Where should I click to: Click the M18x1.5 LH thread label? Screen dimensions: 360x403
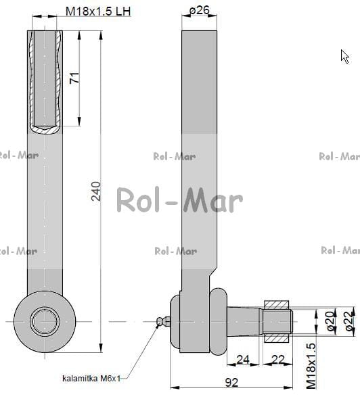click(x=98, y=11)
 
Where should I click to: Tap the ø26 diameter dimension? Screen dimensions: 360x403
click(x=200, y=10)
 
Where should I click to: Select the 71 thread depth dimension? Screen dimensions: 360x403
click(x=74, y=78)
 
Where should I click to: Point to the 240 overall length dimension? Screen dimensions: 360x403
click(x=96, y=191)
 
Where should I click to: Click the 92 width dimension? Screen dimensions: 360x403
click(x=231, y=383)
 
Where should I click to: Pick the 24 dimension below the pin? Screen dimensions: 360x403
click(x=243, y=360)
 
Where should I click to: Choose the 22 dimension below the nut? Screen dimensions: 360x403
click(x=278, y=360)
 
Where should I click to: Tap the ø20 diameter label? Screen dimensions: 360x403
click(x=330, y=321)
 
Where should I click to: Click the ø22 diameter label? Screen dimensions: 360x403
click(x=350, y=321)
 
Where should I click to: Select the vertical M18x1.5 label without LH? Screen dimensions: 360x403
click(x=311, y=366)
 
